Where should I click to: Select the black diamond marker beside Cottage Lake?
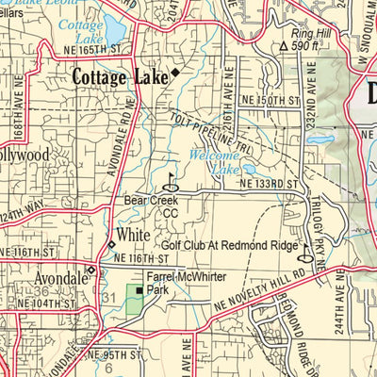click(173, 73)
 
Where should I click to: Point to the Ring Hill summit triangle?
click(283, 45)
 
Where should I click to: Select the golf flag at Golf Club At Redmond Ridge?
click(303, 252)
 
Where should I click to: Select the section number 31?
click(107, 298)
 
